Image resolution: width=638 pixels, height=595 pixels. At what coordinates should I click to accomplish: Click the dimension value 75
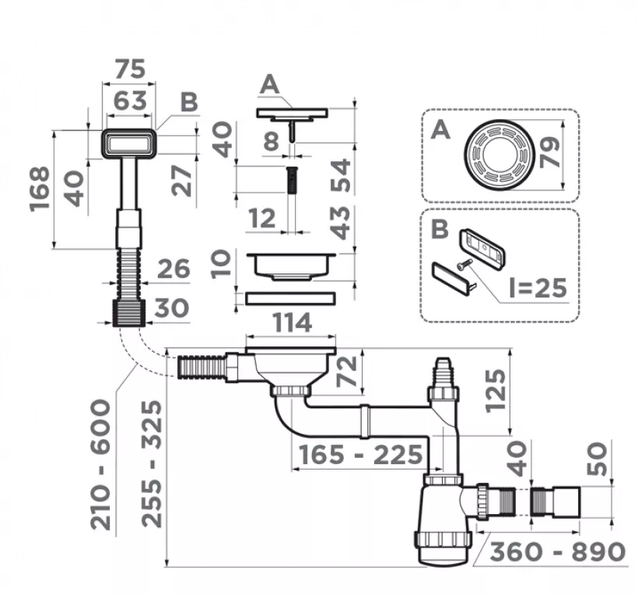(x=130, y=69)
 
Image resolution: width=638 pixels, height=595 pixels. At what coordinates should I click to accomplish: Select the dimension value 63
(x=130, y=100)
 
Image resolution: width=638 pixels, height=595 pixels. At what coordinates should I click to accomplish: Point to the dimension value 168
(x=40, y=189)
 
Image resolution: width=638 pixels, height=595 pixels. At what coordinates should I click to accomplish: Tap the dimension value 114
(x=292, y=322)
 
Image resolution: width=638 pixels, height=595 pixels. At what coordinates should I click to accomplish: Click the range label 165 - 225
(x=361, y=455)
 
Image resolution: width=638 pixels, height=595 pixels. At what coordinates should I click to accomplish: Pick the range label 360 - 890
(x=557, y=552)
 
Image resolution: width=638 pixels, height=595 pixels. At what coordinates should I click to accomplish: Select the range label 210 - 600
(x=100, y=465)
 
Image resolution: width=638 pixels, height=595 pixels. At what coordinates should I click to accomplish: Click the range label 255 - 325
(x=152, y=465)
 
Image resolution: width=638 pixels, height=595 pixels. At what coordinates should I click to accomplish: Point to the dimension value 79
(x=550, y=153)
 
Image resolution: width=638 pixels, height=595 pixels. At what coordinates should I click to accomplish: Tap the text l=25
(x=538, y=288)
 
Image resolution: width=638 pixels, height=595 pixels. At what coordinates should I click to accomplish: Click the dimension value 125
(x=496, y=391)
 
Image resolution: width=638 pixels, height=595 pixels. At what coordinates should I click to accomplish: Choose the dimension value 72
(x=347, y=371)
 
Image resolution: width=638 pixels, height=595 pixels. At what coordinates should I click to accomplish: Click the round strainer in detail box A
(x=500, y=155)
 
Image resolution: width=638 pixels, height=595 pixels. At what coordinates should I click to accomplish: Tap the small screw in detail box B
(x=464, y=263)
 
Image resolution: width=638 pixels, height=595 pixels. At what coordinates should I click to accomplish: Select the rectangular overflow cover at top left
(x=129, y=144)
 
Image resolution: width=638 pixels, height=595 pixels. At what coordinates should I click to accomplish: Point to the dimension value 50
(x=597, y=459)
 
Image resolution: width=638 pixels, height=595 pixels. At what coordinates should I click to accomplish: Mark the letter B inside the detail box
(x=440, y=229)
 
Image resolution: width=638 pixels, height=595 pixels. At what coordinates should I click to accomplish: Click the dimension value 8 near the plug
(x=272, y=142)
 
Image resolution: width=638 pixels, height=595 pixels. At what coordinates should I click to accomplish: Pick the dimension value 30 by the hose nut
(x=172, y=308)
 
